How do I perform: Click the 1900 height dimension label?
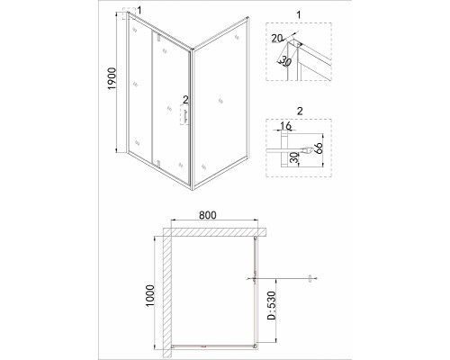click(112, 78)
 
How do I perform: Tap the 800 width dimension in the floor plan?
click(207, 215)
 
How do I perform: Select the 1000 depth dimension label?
click(149, 295)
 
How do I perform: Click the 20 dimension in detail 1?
click(277, 39)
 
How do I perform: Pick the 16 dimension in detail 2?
click(286, 126)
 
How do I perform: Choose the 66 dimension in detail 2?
click(319, 148)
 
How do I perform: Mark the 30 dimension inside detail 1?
click(286, 62)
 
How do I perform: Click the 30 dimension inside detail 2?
click(295, 157)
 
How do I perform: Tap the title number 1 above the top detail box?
click(298, 14)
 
